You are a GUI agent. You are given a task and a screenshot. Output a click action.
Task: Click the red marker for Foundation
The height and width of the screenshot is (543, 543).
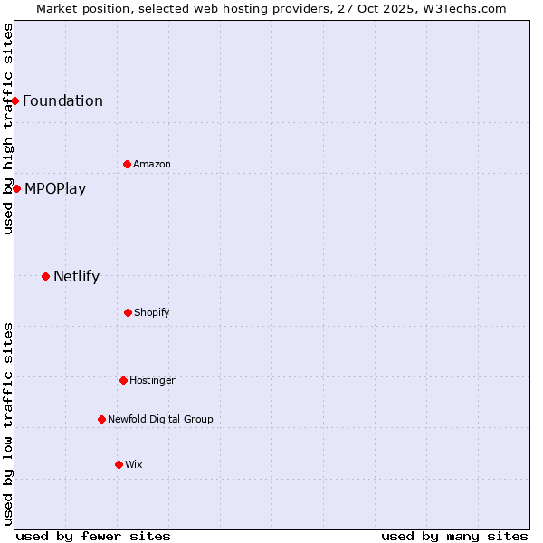15,100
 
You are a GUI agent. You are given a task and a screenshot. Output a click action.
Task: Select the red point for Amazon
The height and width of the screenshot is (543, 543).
127,164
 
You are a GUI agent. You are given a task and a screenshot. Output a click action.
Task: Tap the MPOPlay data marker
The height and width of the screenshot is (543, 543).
16,188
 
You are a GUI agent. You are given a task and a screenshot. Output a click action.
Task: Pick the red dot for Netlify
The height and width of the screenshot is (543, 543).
45,276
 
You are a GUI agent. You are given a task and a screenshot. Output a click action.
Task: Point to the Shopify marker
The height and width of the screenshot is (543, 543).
128,312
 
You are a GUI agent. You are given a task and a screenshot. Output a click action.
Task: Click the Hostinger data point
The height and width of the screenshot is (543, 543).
123,380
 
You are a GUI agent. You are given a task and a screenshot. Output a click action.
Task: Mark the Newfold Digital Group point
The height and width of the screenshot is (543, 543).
101,419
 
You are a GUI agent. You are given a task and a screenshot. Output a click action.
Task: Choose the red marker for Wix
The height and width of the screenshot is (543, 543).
119,464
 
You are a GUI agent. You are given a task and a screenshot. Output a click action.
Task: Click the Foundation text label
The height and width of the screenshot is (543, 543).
62,100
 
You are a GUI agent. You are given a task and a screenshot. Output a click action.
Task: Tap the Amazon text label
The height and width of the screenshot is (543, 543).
152,164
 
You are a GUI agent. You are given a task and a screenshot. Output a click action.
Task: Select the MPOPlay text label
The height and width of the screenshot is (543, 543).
55,188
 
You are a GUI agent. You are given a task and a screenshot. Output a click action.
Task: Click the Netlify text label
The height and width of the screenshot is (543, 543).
76,276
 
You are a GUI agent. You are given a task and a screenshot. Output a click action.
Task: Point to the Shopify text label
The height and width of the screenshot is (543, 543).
152,312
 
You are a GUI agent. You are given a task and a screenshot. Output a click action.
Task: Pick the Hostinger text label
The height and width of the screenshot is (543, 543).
152,380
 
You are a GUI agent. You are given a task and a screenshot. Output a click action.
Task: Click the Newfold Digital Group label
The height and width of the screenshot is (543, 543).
160,419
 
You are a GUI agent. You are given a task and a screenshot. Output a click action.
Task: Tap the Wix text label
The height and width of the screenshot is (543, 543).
134,464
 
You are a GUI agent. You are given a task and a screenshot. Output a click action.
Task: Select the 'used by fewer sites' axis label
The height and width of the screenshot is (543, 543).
93,536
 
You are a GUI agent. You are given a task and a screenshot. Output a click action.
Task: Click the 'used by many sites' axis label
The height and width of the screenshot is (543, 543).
454,536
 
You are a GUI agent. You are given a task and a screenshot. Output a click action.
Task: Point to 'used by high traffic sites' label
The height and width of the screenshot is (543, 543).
8,129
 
